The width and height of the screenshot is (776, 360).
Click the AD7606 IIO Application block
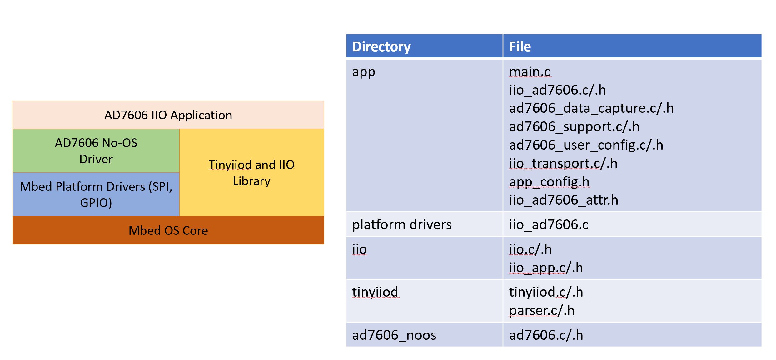168,115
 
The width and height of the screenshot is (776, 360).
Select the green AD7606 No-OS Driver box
96,151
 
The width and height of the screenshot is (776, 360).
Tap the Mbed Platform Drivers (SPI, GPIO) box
96,194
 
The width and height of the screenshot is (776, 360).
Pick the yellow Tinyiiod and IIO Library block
252,172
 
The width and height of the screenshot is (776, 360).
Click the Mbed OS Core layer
168,230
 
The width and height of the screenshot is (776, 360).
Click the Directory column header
381,47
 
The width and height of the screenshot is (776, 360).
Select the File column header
520,47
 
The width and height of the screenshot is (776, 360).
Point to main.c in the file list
530,72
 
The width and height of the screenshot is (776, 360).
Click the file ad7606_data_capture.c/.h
591,108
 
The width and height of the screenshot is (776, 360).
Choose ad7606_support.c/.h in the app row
574,126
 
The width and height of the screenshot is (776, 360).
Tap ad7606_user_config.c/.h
586,145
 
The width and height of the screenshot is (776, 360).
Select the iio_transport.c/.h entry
563,163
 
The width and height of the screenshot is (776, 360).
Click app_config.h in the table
549,182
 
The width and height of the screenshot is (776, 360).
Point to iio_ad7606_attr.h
564,200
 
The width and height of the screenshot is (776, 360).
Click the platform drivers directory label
402,224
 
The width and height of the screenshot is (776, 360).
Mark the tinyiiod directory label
375,292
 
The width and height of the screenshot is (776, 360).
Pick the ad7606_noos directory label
394,335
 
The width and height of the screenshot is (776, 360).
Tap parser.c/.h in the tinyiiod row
542,310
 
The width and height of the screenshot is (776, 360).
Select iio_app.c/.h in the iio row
546,268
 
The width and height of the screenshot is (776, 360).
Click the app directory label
363,72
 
